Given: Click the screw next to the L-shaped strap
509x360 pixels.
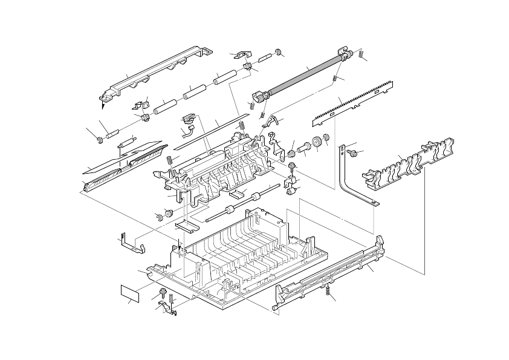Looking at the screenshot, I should click(354, 154).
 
